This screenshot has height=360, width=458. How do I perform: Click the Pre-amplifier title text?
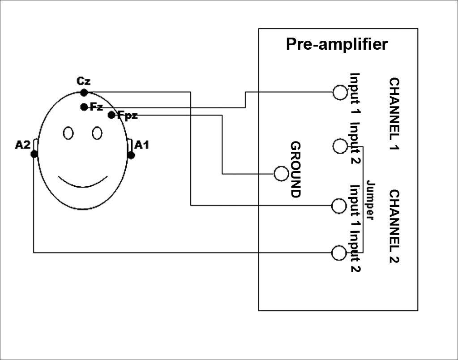click(x=337, y=44)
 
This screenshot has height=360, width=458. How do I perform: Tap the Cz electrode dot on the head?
click(x=84, y=93)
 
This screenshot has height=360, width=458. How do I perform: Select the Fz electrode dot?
click(x=84, y=107)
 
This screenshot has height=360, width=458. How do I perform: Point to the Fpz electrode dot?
click(x=111, y=115)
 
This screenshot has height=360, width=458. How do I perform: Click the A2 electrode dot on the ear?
click(x=34, y=154)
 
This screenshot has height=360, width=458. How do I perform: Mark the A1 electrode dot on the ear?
click(x=131, y=155)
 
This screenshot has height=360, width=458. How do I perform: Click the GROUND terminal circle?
click(x=281, y=174)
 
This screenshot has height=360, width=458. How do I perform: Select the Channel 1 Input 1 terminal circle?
click(x=340, y=92)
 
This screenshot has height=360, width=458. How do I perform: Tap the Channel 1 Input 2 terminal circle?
click(x=340, y=146)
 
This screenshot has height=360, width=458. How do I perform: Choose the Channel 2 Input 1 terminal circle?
click(x=339, y=206)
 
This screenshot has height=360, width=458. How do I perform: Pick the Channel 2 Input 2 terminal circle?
click(x=339, y=253)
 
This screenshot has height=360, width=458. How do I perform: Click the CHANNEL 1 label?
click(x=394, y=114)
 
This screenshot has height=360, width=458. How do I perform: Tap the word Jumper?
click(x=370, y=200)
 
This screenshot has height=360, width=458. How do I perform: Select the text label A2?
click(x=22, y=145)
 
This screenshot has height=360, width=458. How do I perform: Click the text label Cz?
click(x=84, y=81)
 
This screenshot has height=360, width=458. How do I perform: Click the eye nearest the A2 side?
click(x=68, y=133)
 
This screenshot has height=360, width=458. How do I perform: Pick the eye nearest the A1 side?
click(x=97, y=133)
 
